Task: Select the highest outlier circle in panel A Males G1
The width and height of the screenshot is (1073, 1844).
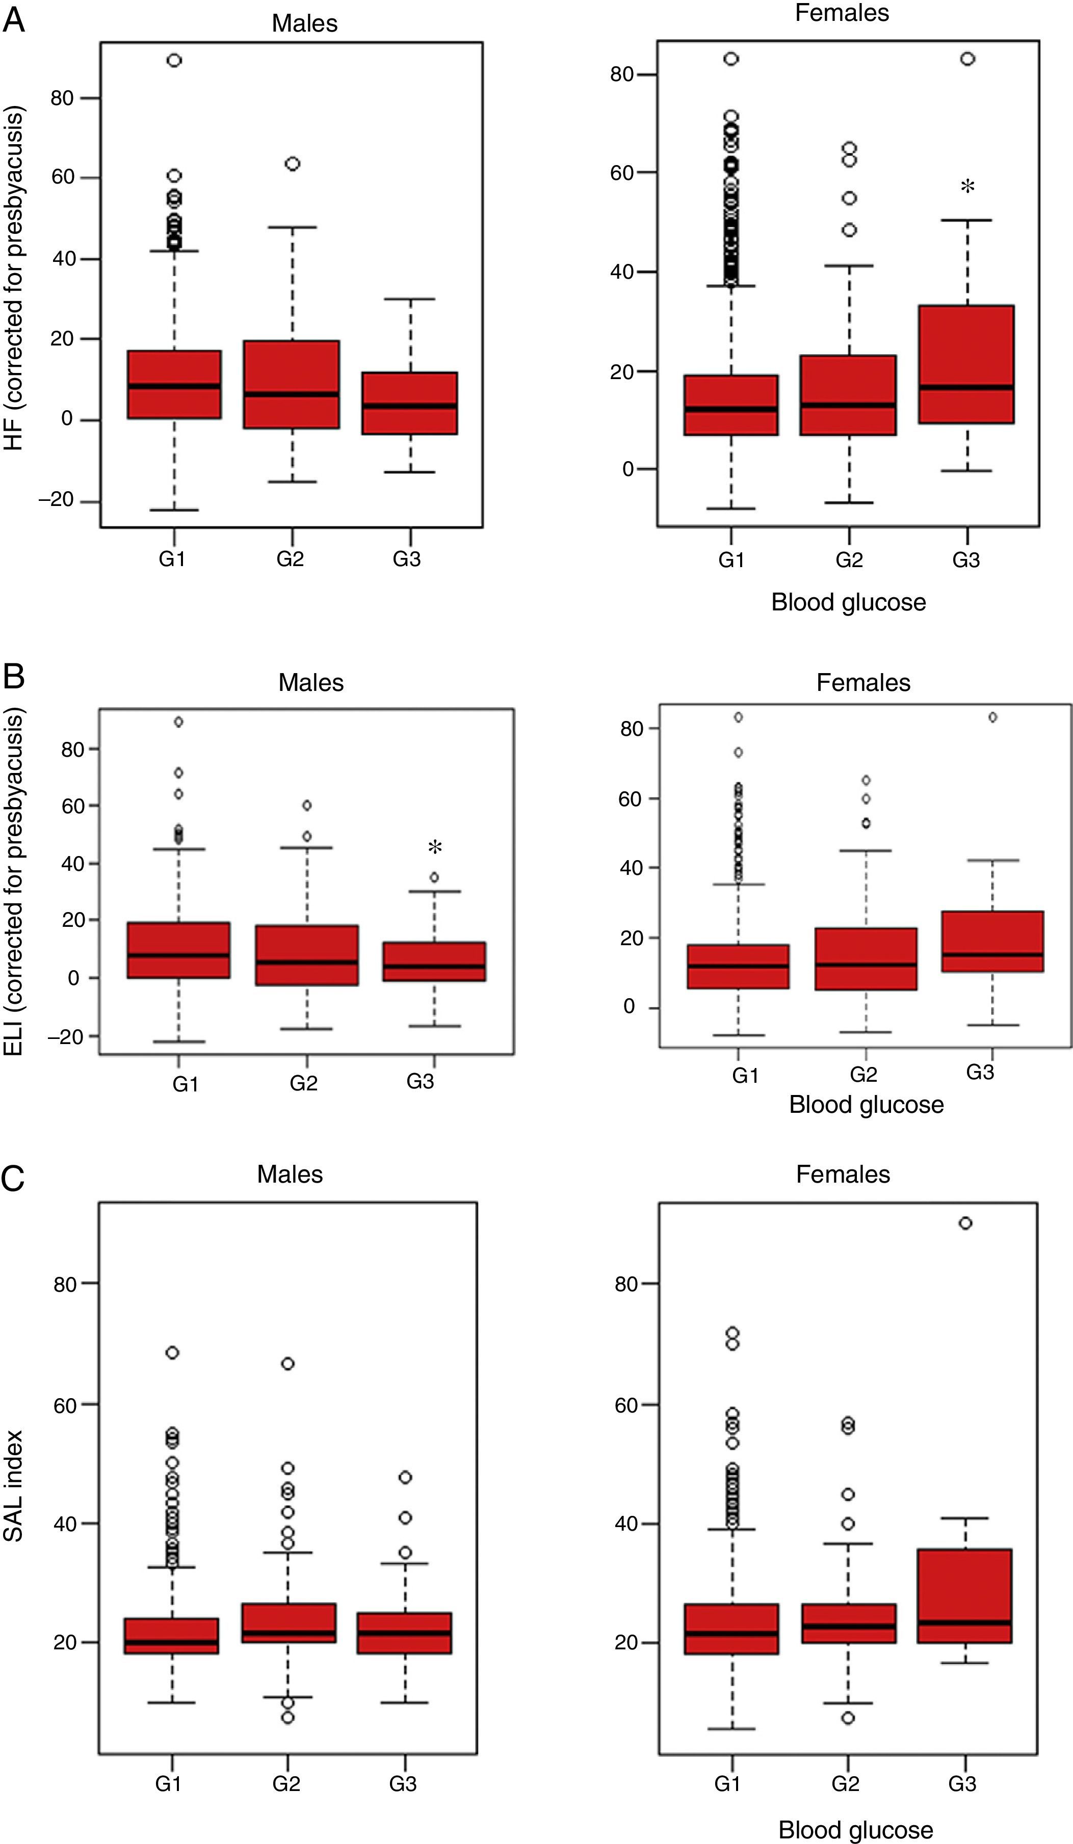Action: pyautogui.click(x=174, y=61)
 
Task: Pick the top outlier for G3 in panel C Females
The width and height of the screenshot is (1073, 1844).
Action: pyautogui.click(x=965, y=1223)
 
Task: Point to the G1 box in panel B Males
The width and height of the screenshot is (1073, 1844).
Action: pyautogui.click(x=178, y=950)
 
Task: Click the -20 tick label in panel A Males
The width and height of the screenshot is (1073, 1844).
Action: pyautogui.click(x=57, y=500)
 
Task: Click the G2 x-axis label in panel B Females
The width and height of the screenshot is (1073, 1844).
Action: pyautogui.click(x=863, y=1074)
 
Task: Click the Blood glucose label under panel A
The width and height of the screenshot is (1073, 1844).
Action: pyautogui.click(x=848, y=602)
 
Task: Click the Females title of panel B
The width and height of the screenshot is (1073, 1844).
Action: pyautogui.click(x=863, y=683)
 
